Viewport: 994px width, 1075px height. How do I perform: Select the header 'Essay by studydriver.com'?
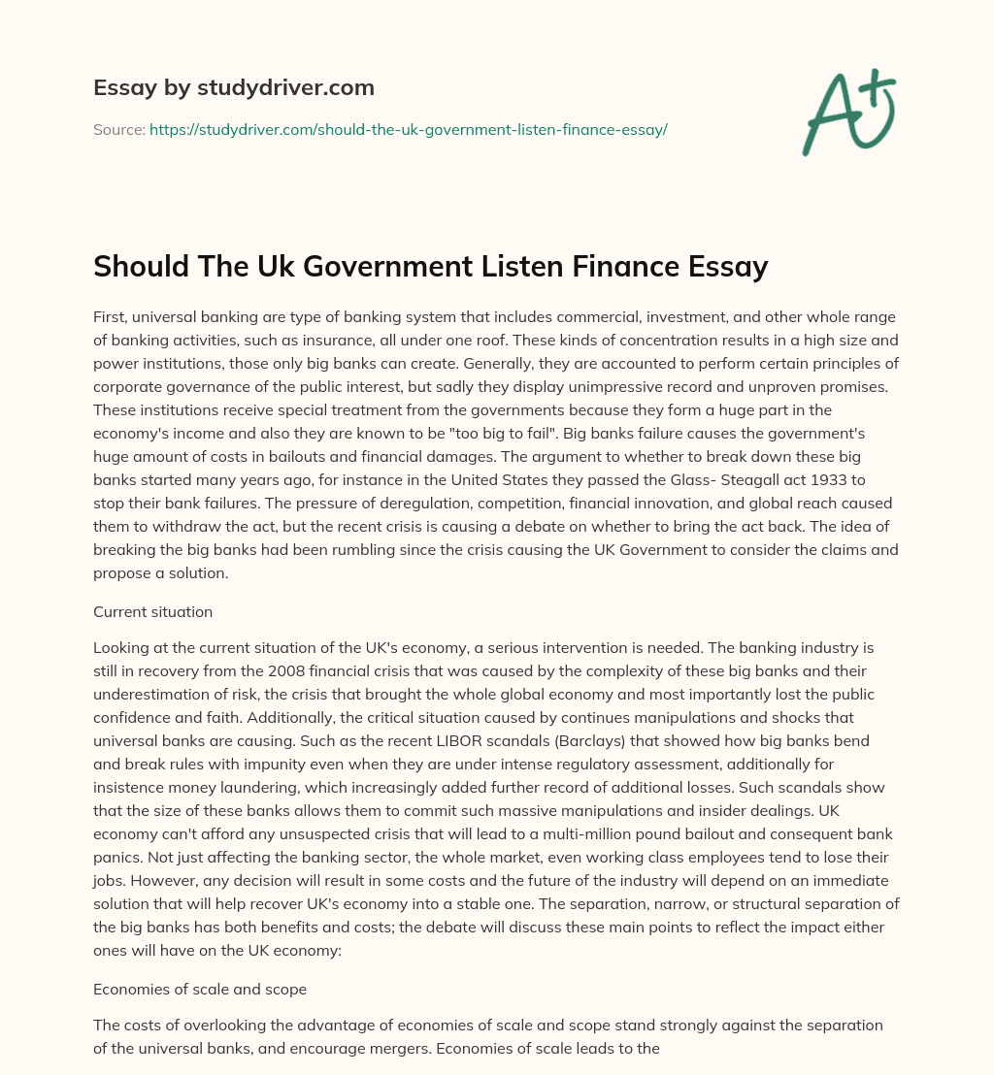pos(234,88)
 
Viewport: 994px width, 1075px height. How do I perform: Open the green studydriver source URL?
pos(408,129)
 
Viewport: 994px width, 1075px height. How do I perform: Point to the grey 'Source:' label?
pos(118,129)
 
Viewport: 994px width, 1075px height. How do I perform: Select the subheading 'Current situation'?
pos(151,612)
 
